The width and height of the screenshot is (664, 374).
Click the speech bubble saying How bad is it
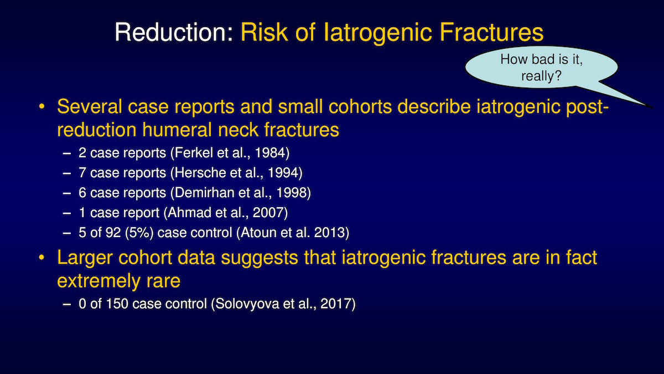541,68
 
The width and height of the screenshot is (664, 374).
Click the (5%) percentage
139,232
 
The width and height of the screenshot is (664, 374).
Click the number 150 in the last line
117,304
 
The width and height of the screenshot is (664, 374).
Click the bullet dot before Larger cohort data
41,257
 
